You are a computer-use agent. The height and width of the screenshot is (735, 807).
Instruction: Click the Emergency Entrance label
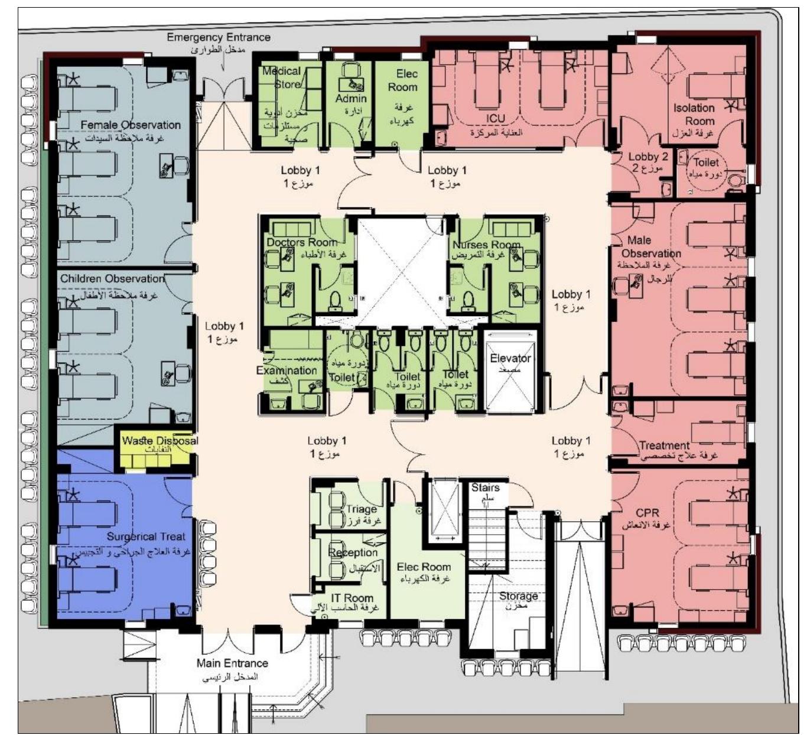[x=218, y=38]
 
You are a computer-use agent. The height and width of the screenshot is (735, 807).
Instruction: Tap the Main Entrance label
[x=232, y=664]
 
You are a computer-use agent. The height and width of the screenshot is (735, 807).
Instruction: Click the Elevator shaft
[x=510, y=373]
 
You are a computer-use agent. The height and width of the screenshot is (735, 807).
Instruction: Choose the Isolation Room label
[x=694, y=114]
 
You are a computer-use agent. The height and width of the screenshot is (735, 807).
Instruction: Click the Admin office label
[x=351, y=99]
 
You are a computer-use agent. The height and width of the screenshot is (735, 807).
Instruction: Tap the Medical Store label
[x=282, y=77]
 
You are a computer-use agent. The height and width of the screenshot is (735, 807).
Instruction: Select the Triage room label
[x=361, y=509]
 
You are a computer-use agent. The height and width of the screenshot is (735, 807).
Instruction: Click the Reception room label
[x=353, y=552]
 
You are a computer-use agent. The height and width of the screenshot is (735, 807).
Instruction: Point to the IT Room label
[x=352, y=598]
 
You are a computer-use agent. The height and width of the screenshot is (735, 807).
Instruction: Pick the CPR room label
[x=647, y=513]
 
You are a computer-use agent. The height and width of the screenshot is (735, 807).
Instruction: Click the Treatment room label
[x=664, y=445]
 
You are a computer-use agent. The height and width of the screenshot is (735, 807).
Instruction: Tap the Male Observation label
[x=645, y=247]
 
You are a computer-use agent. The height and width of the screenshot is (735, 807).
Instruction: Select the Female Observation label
[x=131, y=125]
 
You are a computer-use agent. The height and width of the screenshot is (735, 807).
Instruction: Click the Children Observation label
[x=112, y=278]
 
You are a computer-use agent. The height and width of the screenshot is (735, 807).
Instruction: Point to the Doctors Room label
[x=302, y=242]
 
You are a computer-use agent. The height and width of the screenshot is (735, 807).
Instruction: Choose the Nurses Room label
[x=486, y=245]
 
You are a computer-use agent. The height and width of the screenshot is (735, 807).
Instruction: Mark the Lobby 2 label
[x=648, y=157]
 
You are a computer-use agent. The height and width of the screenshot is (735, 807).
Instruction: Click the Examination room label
[x=287, y=370]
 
